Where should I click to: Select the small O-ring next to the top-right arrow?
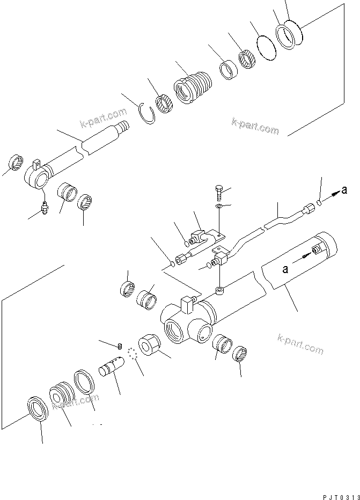[320, 203]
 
